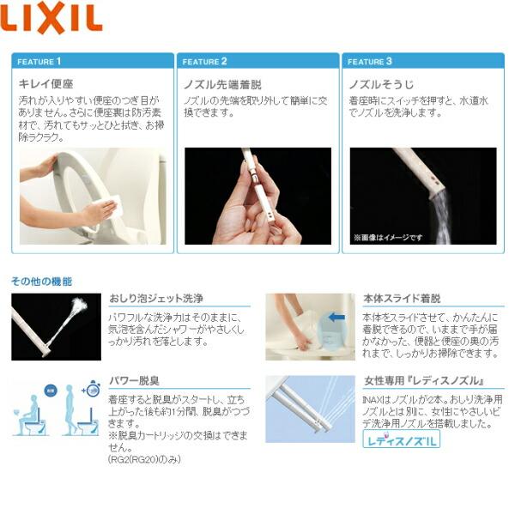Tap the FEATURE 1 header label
[x=40, y=62]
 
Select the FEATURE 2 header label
[x=205, y=62]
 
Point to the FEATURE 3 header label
[x=370, y=62]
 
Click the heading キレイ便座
[x=45, y=85]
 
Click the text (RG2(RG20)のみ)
[x=144, y=460]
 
